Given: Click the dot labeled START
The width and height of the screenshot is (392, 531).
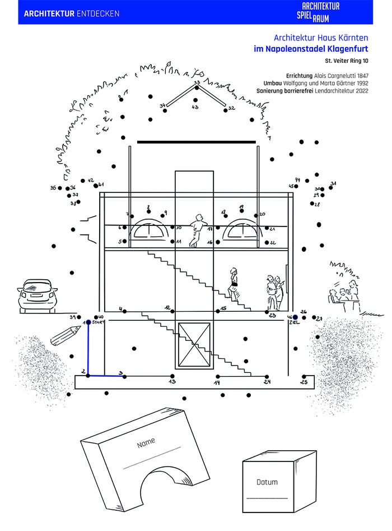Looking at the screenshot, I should click(88, 322).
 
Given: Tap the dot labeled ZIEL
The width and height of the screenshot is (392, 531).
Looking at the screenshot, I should click(295, 317).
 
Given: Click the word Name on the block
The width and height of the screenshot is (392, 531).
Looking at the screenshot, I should click(146, 443).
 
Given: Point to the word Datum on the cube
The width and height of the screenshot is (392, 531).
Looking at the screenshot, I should click(267, 482).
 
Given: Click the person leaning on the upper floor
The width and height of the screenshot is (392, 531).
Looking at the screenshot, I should click(195, 230).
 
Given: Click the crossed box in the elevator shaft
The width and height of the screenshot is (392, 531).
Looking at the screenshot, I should click(194, 343).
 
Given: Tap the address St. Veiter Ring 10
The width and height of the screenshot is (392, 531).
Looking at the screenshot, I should click(347, 61).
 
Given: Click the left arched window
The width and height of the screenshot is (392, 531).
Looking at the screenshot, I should click(148, 232).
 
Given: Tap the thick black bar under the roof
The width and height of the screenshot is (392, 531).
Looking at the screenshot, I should click(196, 142).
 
